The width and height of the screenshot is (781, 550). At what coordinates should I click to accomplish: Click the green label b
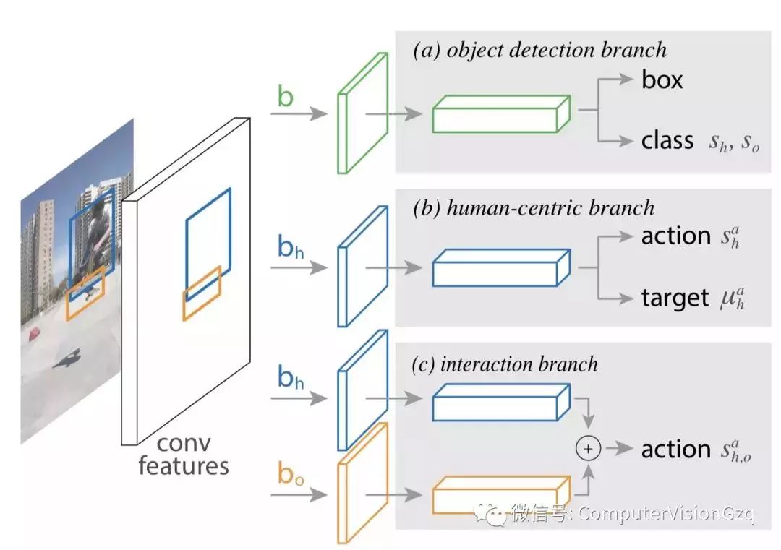(286, 97)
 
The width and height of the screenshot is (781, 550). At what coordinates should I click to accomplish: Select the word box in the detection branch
(662, 80)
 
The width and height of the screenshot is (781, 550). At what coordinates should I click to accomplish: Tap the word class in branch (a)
(667, 139)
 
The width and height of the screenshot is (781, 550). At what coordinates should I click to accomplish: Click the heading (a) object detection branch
(539, 50)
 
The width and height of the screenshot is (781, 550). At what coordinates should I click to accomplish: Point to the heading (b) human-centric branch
(533, 208)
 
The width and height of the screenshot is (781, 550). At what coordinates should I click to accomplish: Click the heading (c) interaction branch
(505, 364)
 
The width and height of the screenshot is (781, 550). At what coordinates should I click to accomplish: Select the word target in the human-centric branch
(675, 298)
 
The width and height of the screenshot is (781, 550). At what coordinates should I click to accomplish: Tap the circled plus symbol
(588, 449)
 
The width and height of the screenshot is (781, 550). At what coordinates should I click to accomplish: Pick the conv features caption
(183, 454)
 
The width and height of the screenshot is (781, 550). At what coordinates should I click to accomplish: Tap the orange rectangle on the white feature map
(202, 293)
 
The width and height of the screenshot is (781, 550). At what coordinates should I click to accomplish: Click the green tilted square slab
(362, 114)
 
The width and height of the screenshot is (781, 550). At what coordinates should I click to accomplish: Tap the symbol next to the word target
(731, 298)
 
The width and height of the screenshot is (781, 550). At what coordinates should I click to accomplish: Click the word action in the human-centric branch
(676, 236)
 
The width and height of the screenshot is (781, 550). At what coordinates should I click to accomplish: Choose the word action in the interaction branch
(676, 449)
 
